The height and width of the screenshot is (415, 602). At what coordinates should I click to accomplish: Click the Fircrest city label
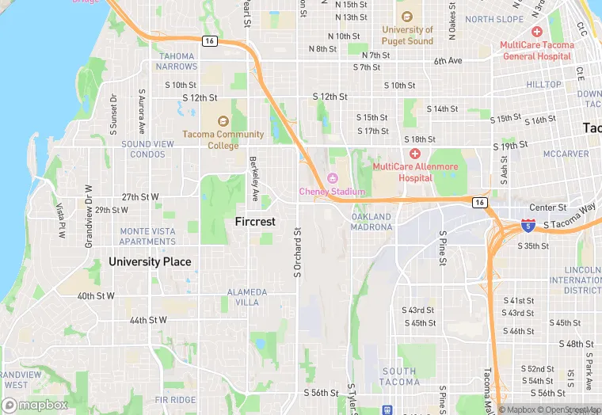[x=255, y=222]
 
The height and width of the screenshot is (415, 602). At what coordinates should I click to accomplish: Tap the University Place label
[x=150, y=261]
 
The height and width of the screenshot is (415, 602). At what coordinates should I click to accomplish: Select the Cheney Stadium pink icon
[x=333, y=178]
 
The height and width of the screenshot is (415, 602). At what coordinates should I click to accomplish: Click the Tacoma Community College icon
[x=222, y=121]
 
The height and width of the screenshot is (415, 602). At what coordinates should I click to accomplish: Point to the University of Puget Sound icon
[x=407, y=17]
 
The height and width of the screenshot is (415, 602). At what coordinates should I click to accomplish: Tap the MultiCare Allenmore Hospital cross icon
[x=414, y=154]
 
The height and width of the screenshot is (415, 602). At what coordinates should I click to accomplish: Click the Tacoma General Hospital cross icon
[x=536, y=32]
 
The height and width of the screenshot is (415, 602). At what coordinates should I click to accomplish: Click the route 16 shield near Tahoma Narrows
[x=209, y=41]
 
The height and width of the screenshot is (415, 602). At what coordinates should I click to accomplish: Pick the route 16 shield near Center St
[x=479, y=203]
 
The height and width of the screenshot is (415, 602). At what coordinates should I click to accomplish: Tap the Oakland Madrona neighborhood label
[x=371, y=222]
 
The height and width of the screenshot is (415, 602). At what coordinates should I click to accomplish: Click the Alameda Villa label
[x=247, y=297]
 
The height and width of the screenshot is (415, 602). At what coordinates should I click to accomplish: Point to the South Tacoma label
[x=398, y=376]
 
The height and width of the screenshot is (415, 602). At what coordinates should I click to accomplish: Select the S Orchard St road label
[x=298, y=253]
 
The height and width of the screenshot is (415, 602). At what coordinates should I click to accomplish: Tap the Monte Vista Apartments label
[x=147, y=236]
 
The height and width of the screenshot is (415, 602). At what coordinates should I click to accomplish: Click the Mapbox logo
[x=35, y=405]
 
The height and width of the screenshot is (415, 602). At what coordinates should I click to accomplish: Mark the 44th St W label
[x=148, y=320]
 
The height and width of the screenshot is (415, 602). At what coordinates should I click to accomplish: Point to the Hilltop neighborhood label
[x=544, y=84]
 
